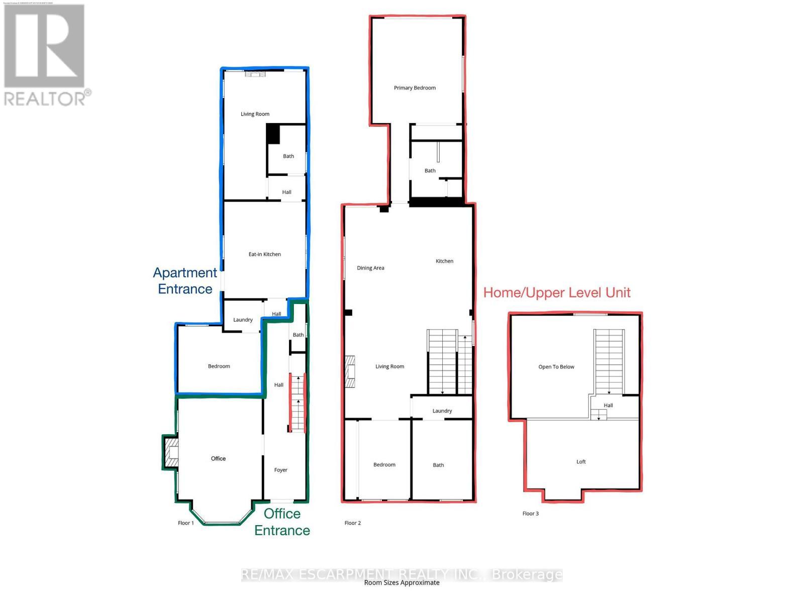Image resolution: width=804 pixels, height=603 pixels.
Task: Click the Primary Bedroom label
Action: (x=415, y=88)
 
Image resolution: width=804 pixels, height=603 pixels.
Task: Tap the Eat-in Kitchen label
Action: (x=265, y=254)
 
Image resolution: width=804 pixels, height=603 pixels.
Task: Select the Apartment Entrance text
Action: (x=185, y=280)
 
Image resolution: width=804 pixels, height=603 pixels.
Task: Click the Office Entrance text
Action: (x=282, y=522)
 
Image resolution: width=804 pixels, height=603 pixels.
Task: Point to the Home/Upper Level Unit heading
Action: (x=557, y=292)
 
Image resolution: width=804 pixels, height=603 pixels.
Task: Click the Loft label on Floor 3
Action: (x=581, y=462)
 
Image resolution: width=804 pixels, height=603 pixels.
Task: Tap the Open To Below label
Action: (x=556, y=367)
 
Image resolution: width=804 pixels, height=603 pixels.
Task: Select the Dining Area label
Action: (x=371, y=268)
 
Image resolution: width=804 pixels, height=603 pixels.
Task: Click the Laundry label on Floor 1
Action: (x=243, y=320)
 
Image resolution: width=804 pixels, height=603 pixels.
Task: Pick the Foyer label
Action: (x=281, y=470)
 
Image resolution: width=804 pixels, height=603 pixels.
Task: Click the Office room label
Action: (x=218, y=459)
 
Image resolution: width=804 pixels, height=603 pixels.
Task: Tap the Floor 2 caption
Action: (x=353, y=523)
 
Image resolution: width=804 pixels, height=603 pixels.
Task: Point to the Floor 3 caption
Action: (x=531, y=514)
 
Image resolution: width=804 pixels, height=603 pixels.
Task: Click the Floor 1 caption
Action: (x=186, y=523)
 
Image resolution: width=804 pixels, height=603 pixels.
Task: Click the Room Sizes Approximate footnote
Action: (x=402, y=583)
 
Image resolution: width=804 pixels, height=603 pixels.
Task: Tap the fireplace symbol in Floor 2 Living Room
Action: (x=350, y=372)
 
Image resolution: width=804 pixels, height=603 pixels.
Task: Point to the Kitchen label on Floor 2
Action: (x=444, y=261)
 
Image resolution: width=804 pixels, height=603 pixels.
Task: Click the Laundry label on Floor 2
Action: (x=442, y=411)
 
